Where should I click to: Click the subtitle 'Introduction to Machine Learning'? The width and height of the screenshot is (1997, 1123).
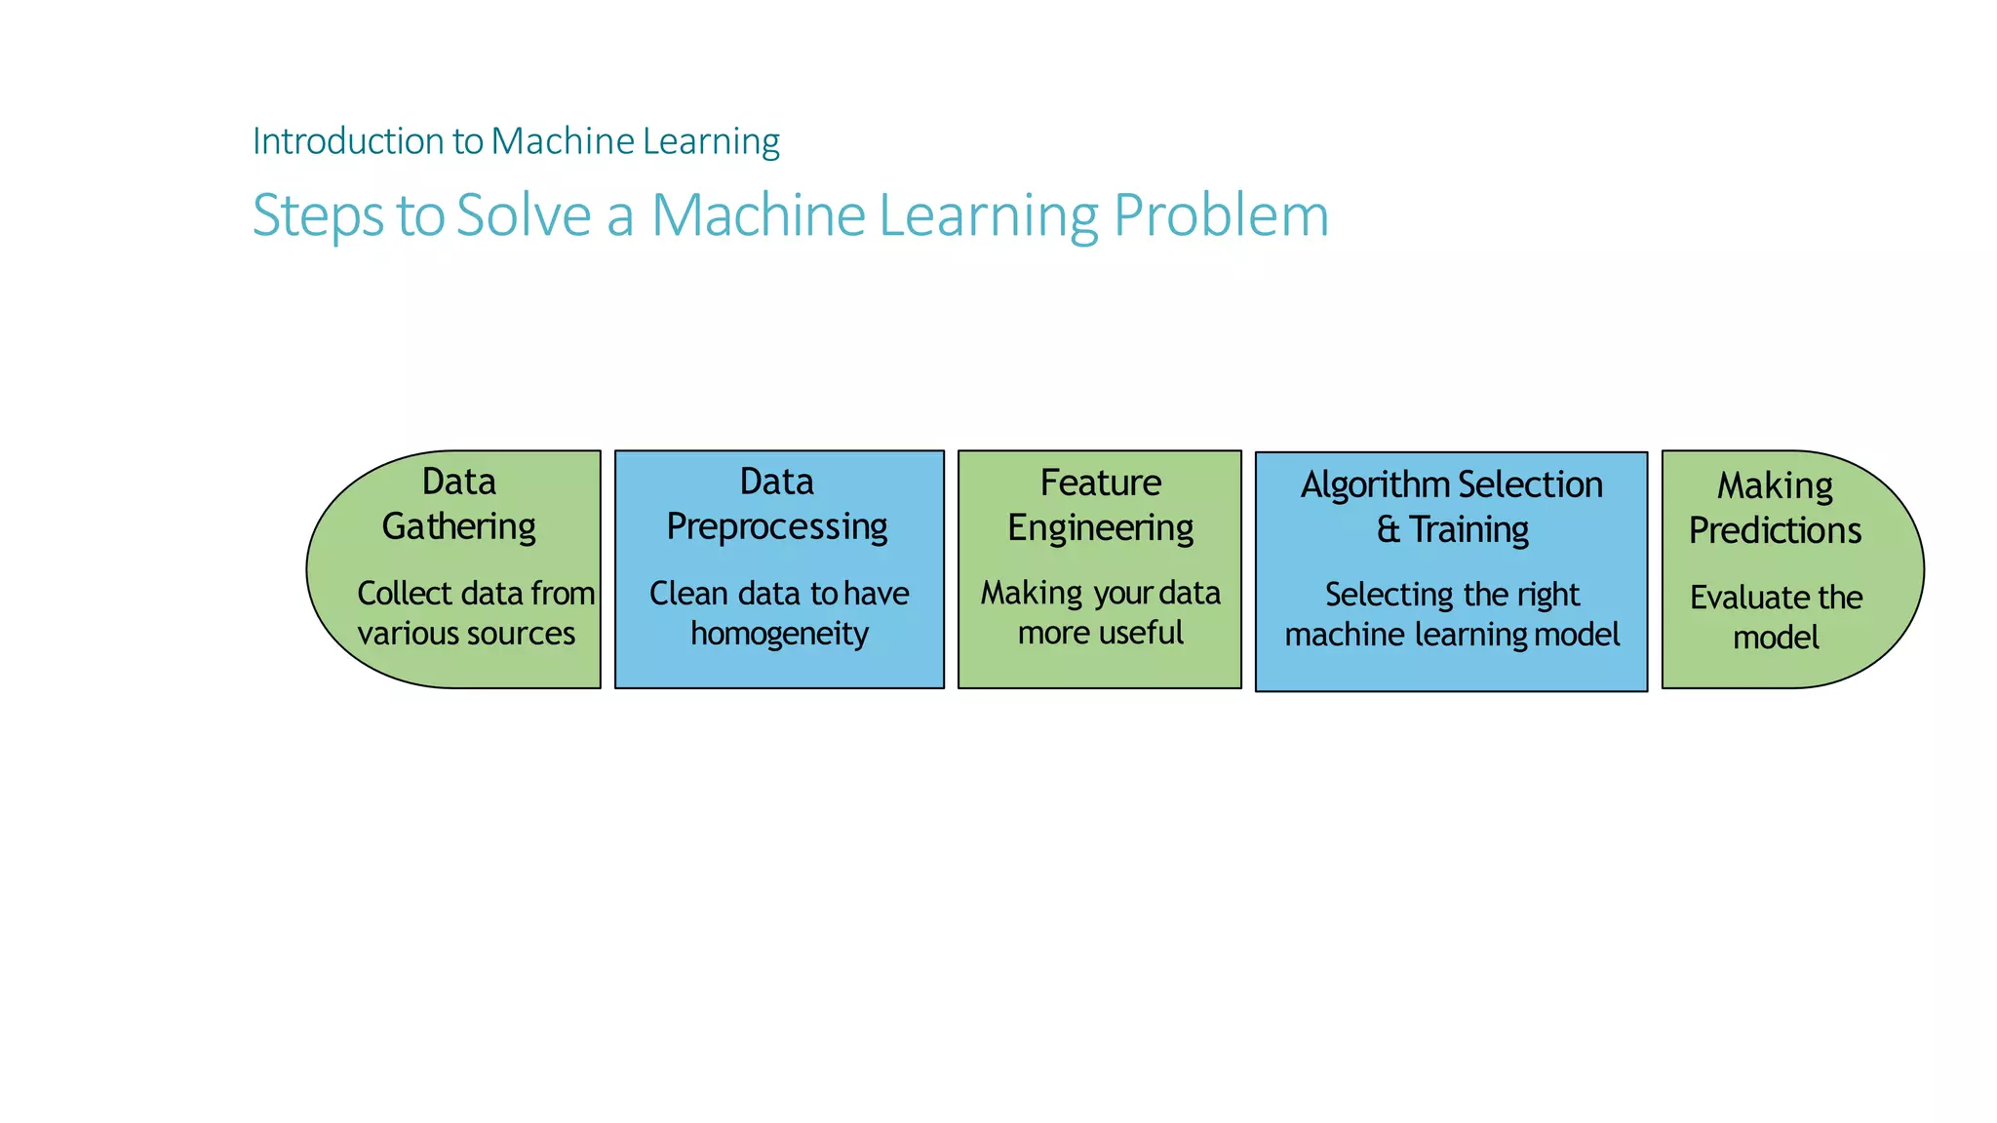click(x=515, y=141)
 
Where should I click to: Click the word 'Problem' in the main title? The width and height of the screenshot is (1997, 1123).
click(x=1221, y=214)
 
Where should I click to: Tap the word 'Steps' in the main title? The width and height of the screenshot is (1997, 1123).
click(x=317, y=215)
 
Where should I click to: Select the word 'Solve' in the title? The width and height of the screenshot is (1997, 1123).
click(x=524, y=214)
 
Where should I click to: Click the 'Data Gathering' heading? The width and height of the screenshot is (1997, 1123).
click(x=458, y=504)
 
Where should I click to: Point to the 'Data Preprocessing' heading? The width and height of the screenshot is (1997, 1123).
click(x=777, y=504)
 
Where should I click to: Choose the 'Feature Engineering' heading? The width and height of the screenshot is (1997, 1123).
click(x=1100, y=505)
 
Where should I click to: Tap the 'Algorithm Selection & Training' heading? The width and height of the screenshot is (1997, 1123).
click(x=1452, y=507)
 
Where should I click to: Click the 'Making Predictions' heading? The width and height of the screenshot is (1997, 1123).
click(x=1775, y=508)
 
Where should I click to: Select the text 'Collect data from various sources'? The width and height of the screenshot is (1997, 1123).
click(x=475, y=613)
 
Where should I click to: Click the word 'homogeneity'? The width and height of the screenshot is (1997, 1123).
click(x=779, y=634)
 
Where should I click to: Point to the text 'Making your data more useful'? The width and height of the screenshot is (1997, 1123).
click(x=1100, y=612)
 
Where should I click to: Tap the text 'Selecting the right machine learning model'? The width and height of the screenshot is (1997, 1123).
click(x=1452, y=614)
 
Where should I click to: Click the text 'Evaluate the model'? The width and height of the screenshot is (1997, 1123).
click(x=1776, y=617)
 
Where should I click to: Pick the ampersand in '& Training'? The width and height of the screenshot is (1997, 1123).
click(x=1388, y=530)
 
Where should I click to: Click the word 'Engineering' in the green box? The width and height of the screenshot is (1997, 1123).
click(x=1100, y=528)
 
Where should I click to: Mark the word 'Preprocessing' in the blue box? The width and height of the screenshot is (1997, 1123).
click(x=777, y=527)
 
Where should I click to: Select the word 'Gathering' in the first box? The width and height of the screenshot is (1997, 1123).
click(x=458, y=527)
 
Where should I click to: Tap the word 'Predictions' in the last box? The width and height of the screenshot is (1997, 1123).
click(x=1775, y=531)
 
